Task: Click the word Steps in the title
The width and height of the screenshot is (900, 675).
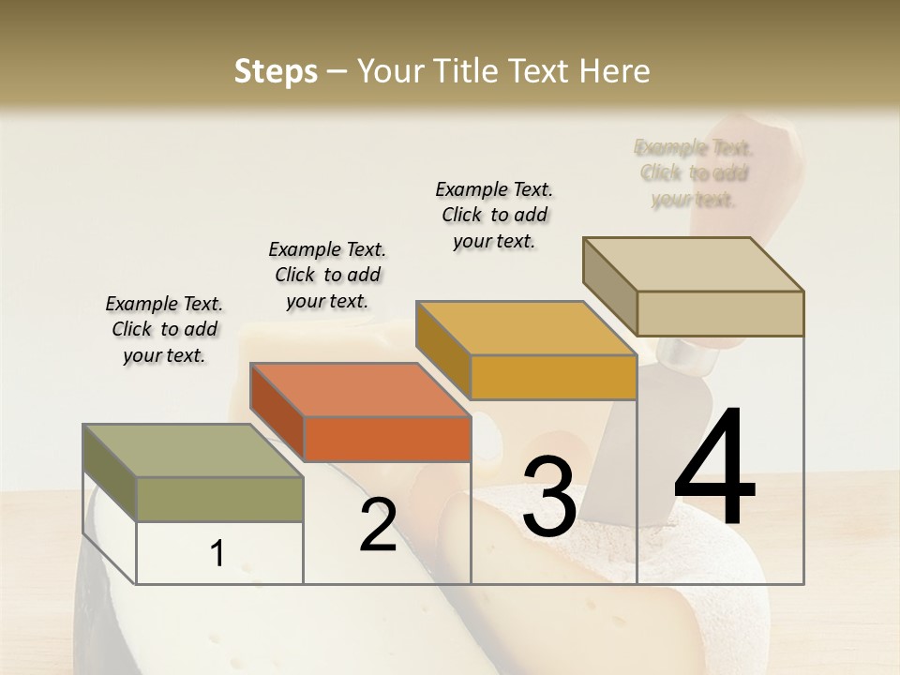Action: click(276, 71)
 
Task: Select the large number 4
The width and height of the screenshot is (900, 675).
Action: click(714, 468)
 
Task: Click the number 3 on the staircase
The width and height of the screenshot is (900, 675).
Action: click(549, 498)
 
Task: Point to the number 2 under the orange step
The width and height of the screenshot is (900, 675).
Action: click(378, 525)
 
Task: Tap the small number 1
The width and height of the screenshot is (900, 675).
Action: click(217, 554)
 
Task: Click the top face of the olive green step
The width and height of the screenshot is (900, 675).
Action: click(193, 451)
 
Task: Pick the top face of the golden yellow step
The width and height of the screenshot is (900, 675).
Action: click(526, 329)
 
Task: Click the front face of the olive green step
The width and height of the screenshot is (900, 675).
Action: click(220, 499)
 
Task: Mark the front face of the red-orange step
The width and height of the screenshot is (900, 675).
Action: click(387, 439)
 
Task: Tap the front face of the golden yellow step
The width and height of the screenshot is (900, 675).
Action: click(553, 377)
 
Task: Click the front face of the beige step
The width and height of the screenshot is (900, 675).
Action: click(720, 313)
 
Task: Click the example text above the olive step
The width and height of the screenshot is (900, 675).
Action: click(164, 329)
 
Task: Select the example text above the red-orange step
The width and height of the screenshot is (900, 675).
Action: click(327, 275)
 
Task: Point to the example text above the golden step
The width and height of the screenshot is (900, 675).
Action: click(494, 215)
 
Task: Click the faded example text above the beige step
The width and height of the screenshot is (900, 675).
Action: click(694, 173)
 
